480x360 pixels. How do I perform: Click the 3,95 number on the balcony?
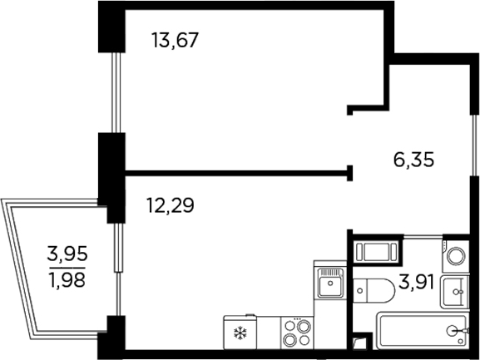point(67,252)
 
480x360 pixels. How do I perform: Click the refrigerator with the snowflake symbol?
point(241,335)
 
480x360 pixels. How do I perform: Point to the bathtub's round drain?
point(451,331)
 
